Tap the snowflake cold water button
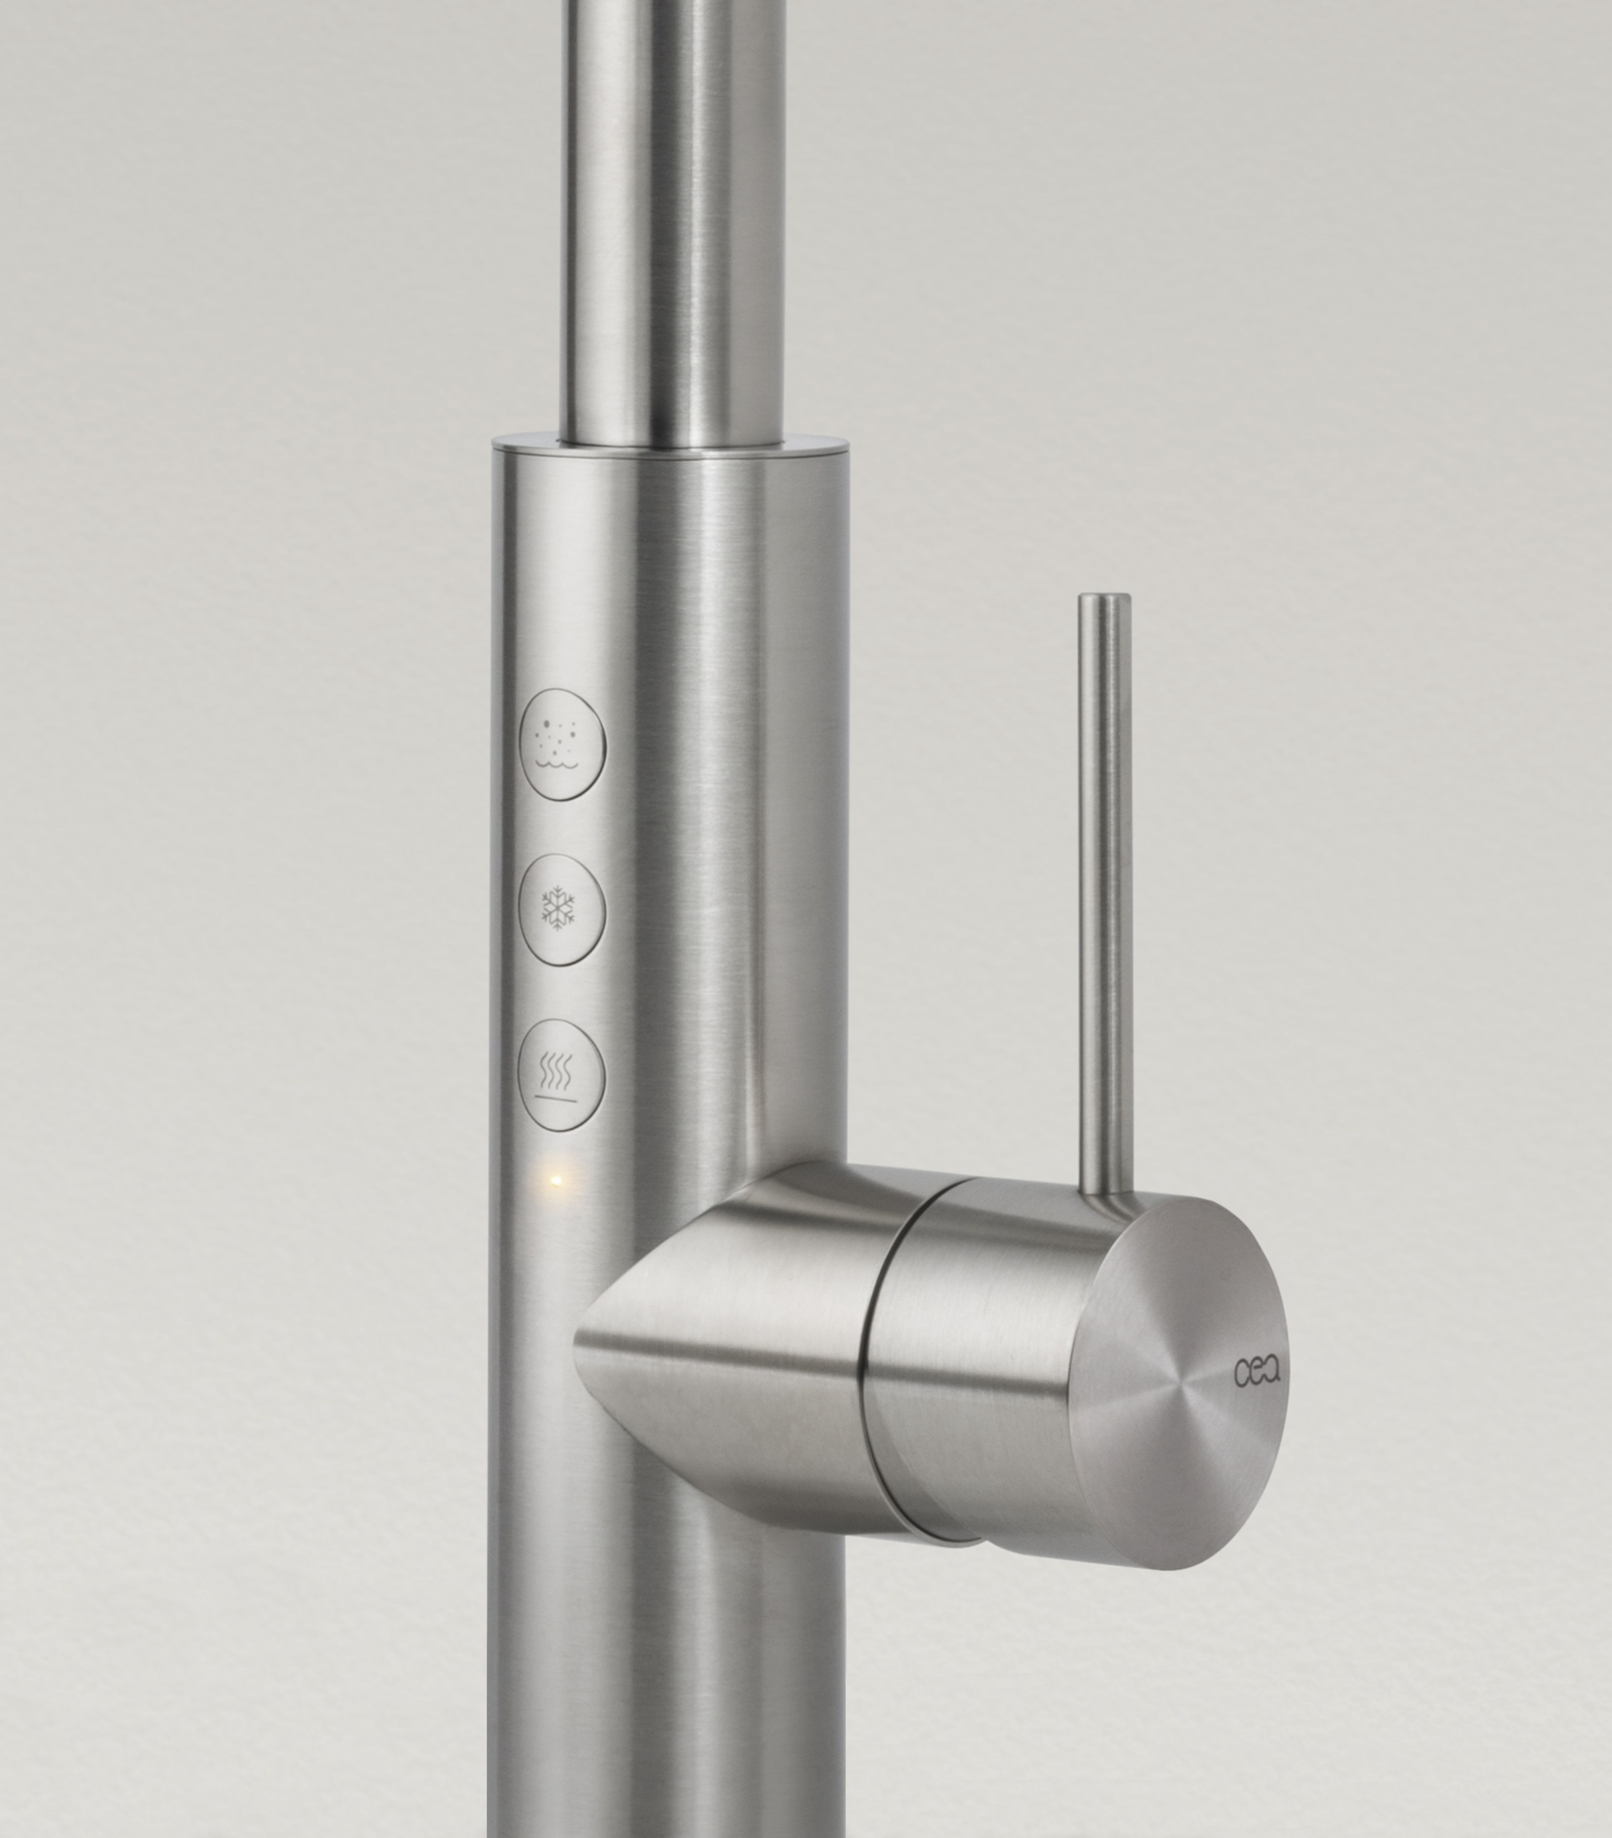(x=562, y=910)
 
